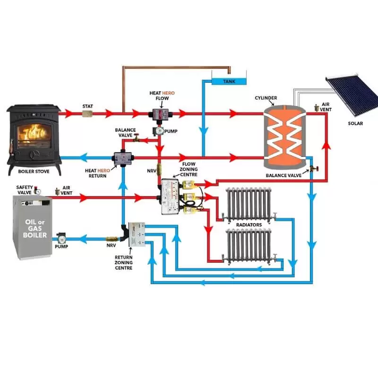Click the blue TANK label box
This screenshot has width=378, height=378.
(x=229, y=81)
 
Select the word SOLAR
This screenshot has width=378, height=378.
(x=355, y=124)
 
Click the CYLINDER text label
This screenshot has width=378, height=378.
(x=266, y=98)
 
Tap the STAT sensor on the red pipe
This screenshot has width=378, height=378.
(x=87, y=114)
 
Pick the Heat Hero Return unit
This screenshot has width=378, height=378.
(x=123, y=158)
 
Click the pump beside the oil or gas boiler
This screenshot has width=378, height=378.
(x=62, y=239)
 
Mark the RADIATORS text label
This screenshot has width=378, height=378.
(x=249, y=224)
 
